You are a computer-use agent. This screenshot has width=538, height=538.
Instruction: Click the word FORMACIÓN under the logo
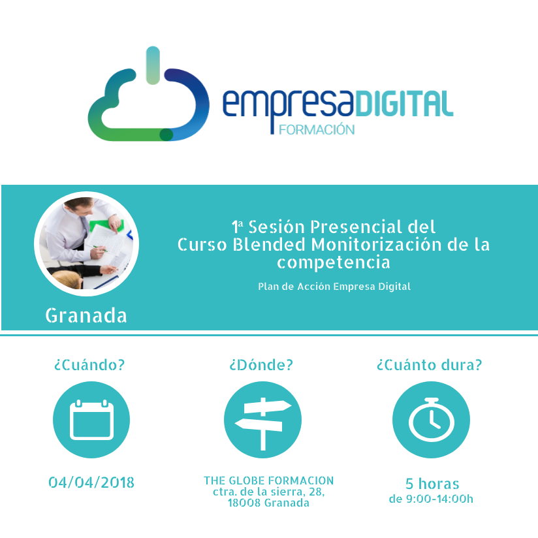coord(317,130)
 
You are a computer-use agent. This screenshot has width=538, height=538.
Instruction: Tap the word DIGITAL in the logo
coord(404,103)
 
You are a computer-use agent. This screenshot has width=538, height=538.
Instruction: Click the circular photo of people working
coord(86,244)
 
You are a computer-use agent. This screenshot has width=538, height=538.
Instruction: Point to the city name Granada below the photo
coord(86,315)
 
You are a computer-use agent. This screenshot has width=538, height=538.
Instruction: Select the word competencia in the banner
coord(334,263)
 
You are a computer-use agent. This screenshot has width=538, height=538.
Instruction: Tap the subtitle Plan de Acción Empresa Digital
coord(334,287)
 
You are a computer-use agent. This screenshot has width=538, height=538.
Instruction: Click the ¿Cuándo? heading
coord(89,365)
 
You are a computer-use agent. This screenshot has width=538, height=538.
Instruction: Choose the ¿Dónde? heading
coord(261,365)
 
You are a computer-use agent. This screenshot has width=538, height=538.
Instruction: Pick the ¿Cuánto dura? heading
coord(429,365)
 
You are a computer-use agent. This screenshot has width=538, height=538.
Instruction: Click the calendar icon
coord(91,420)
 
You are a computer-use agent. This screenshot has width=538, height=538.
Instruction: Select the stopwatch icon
coord(431,420)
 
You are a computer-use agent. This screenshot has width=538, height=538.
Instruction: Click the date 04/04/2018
coord(91,483)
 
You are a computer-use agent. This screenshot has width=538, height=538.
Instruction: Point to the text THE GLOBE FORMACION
coord(268,481)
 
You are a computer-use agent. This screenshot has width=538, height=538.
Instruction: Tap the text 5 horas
coord(432,484)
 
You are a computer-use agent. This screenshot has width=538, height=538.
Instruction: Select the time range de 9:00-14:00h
coord(431,499)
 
